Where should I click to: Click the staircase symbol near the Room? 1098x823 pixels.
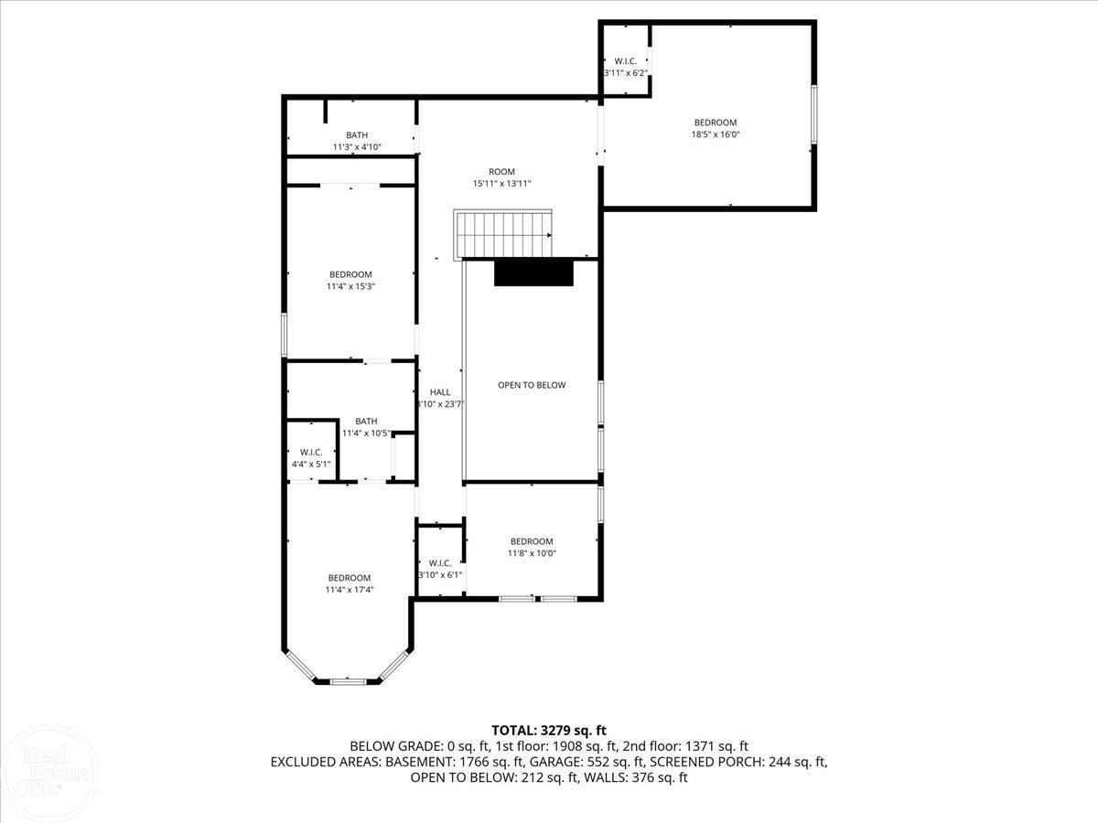coord(504,235)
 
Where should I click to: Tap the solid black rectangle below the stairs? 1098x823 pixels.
coord(533,273)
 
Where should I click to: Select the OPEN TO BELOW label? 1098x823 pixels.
coord(532,385)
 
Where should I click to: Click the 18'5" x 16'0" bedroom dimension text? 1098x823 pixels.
coord(715,134)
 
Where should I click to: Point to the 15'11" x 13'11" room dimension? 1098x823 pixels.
coord(501,184)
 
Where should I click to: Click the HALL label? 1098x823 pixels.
coord(440,392)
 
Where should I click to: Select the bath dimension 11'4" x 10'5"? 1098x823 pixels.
coord(366,433)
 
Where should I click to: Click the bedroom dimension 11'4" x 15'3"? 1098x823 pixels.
coord(350,286)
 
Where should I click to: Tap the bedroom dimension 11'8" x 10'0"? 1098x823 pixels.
coord(532,553)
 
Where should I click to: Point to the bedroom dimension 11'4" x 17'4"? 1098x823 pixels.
coord(350,590)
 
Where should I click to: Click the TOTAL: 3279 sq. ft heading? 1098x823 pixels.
coord(549,730)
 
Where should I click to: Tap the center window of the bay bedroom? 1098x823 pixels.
coord(347,680)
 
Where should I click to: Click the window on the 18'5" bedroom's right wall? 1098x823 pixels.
coord(813,114)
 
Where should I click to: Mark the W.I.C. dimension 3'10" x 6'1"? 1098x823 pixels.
coord(440,575)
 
